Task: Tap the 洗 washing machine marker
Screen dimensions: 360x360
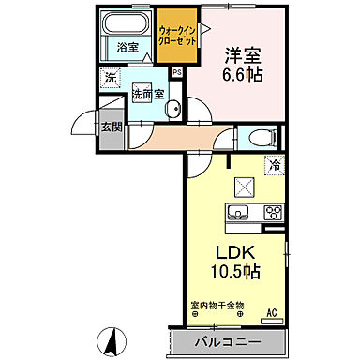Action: (x=110, y=79)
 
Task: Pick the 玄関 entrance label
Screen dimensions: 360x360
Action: (x=111, y=127)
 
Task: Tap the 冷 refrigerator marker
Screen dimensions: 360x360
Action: (x=276, y=165)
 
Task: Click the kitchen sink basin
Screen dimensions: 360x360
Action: (x=236, y=212)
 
